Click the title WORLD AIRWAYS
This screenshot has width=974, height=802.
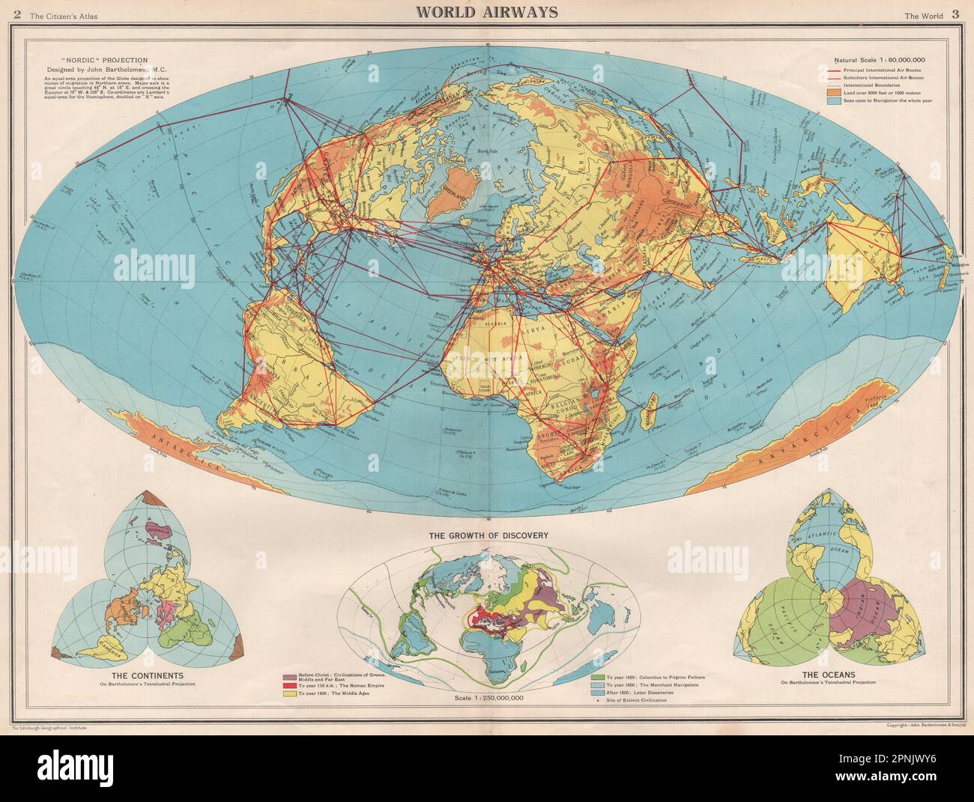click(486, 13)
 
